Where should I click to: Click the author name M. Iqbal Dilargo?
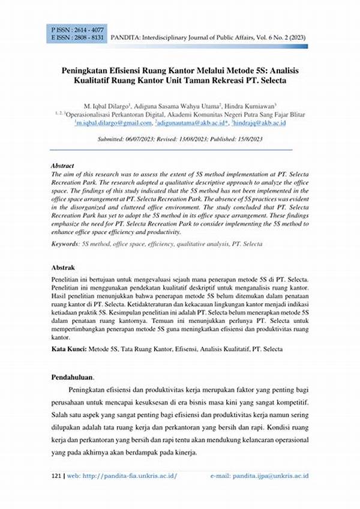pos(113,104)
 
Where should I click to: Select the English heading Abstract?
pos(62,165)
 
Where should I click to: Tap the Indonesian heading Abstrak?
pos(63,267)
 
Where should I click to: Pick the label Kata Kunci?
pos(68,349)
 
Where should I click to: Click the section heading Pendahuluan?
pos(73,377)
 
